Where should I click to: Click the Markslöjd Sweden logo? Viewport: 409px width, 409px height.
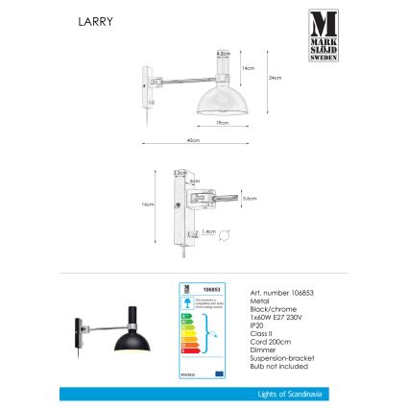click(x=322, y=35)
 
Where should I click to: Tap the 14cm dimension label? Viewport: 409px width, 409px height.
click(x=249, y=68)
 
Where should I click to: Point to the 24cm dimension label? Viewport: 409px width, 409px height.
click(x=275, y=78)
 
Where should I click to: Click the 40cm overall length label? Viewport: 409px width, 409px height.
click(x=193, y=140)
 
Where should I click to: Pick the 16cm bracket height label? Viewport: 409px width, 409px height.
click(x=149, y=204)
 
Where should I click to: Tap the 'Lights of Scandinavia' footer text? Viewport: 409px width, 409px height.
click(x=286, y=394)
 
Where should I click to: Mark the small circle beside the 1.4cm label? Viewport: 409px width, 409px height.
click(x=226, y=233)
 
